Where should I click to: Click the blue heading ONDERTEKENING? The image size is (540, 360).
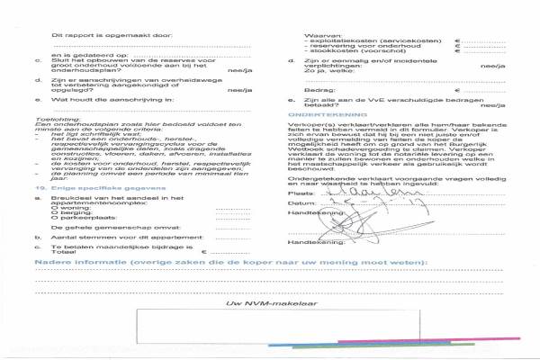(x=328, y=116)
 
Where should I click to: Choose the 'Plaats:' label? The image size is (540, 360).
(x=300, y=193)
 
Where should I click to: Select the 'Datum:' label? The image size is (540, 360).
(x=300, y=203)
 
